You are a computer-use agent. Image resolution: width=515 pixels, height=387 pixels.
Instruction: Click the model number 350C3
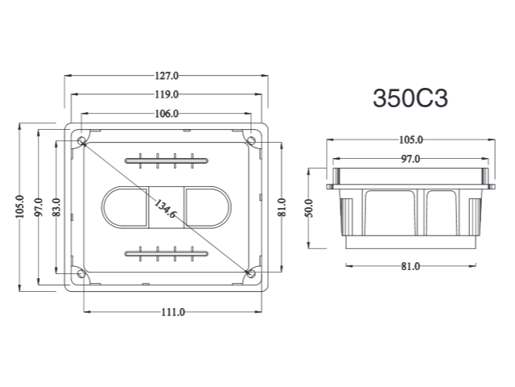pos(410,98)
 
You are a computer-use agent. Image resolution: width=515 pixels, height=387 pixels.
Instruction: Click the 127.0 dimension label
pos(167,76)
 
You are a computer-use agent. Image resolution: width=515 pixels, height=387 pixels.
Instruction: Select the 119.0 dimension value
pos(167,95)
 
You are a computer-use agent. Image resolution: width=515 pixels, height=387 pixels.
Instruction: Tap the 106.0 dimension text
pos(167,114)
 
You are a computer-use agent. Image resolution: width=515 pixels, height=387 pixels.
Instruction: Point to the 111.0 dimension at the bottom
pos(173,312)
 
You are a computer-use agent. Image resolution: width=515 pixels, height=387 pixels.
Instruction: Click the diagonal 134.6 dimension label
pos(165,209)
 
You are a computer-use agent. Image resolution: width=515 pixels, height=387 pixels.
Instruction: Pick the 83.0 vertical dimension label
pos(56,207)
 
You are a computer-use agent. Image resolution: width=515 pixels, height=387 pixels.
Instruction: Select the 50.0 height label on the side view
pos(309,208)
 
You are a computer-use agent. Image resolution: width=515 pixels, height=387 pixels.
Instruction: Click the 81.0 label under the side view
pos(410,266)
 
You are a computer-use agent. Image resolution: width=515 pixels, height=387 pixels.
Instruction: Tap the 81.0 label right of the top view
pos(282,207)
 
